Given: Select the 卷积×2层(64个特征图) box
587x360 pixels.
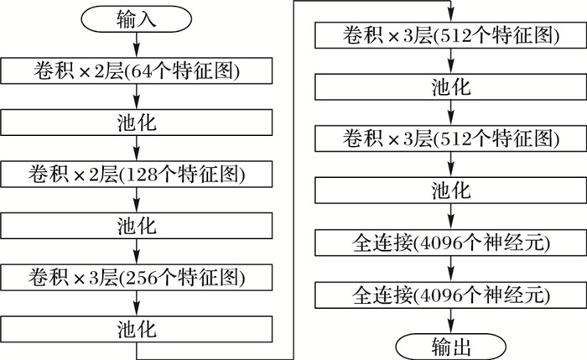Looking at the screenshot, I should click(137, 71).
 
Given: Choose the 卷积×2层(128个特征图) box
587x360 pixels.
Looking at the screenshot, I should click(137, 174).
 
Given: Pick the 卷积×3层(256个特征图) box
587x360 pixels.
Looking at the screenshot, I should click(137, 276).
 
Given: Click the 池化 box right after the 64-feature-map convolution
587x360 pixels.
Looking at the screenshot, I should click(137, 123).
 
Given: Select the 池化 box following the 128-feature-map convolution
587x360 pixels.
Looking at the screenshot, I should click(137, 225).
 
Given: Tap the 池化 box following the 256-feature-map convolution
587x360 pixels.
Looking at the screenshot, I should click(137, 327).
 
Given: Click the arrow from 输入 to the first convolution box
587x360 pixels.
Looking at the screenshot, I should click(137, 46).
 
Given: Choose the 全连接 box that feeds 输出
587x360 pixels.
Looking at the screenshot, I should click(451, 295).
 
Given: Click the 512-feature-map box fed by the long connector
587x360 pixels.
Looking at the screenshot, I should click(451, 36).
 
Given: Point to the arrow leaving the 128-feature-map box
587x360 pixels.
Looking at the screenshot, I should click(137, 200).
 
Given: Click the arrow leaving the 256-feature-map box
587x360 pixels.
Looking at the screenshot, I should click(137, 302).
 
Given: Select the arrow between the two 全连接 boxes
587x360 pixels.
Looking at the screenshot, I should click(451, 269).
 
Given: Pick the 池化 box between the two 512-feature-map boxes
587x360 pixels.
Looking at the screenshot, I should click(451, 88).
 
